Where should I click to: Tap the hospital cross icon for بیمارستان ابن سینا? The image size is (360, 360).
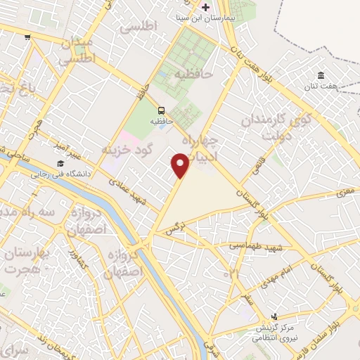click(205, 6)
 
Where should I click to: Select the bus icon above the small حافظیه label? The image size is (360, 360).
click(161, 110)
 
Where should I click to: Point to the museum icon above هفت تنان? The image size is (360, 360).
click(321, 75)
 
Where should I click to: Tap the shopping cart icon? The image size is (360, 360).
click(27, 37)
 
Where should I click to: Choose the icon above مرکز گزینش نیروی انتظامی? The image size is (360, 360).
click(274, 316)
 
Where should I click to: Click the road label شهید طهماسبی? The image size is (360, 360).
click(256, 246)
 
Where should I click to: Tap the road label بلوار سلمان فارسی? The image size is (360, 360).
click(330, 330)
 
